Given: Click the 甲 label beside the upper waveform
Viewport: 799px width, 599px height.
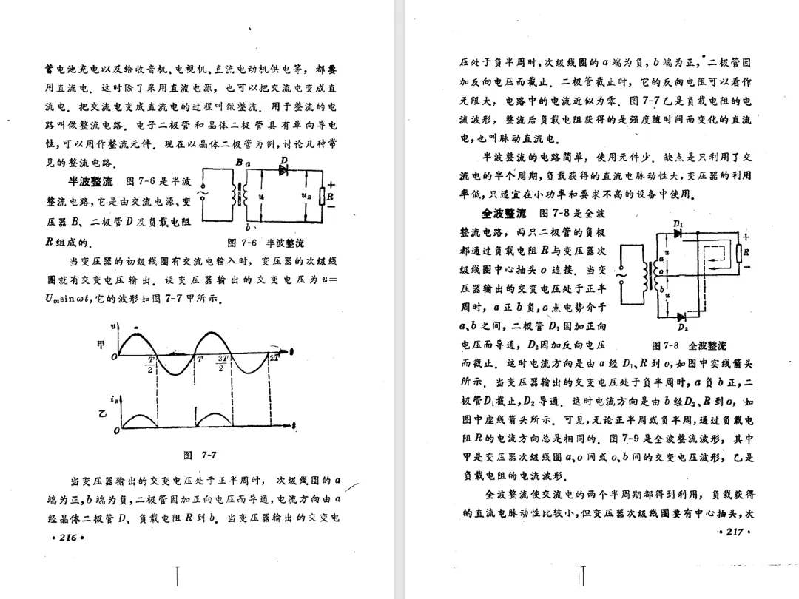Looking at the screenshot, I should (x=101, y=345).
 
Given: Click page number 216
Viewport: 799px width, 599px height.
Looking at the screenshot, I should (x=67, y=538).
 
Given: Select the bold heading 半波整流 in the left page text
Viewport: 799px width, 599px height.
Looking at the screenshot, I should (x=90, y=182).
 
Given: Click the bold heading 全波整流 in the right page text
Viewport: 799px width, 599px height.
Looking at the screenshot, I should (x=504, y=214).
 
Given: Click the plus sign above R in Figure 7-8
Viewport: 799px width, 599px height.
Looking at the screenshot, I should (x=746, y=237).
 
